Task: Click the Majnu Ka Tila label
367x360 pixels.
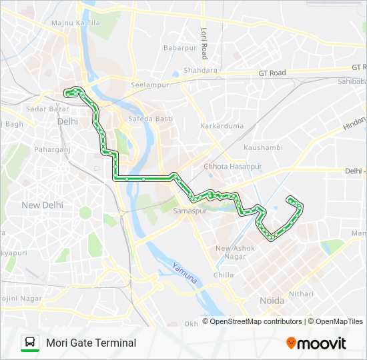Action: click(76, 23)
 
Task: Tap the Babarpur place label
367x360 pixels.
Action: click(179, 48)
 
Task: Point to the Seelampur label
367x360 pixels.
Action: click(147, 85)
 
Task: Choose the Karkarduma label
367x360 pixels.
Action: click(222, 126)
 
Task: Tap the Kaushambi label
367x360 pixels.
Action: click(263, 147)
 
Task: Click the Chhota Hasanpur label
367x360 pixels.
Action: click(233, 166)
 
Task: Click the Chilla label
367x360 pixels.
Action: click(224, 275)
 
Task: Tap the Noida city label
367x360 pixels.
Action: click(272, 301)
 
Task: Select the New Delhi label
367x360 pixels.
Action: click(42, 205)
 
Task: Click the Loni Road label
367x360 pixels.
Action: click(205, 43)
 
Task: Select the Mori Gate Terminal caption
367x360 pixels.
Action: click(91, 343)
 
